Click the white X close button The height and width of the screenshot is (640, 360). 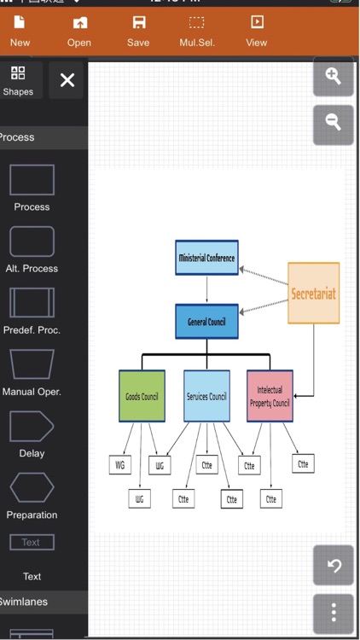[67, 80]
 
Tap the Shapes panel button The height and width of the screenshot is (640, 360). [18, 80]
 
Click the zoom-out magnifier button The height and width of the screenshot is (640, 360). [333, 124]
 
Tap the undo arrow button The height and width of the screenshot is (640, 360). [333, 565]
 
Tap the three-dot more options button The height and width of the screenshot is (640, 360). [333, 612]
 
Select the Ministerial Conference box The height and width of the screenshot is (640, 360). [206, 258]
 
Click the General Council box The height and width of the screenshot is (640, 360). [206, 322]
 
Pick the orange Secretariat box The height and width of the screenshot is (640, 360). [313, 293]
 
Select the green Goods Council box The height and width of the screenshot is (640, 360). [142, 396]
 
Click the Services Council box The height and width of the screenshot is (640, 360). [206, 396]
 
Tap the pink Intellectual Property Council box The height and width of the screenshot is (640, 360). [270, 396]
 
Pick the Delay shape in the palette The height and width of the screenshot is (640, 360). [32, 427]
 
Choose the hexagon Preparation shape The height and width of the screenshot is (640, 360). [32, 488]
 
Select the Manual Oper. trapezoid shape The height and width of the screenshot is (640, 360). [32, 364]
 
